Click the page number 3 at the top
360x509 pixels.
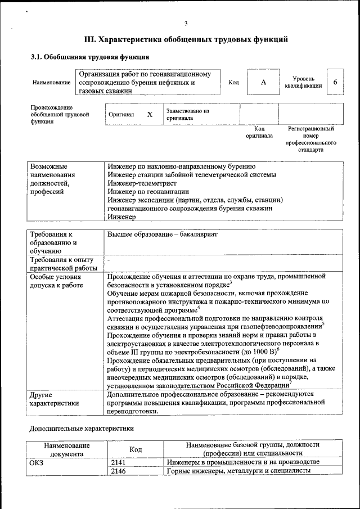186,23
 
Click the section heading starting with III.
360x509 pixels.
186,39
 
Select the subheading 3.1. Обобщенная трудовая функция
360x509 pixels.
89,57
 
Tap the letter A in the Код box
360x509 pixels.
263,82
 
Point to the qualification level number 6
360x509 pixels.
335,82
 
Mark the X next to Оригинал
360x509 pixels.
150,114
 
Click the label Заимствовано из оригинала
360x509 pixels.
187,115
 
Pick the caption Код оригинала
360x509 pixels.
259,132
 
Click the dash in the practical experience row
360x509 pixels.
109,260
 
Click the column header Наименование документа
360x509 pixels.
66,449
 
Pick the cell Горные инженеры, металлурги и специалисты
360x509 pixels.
238,471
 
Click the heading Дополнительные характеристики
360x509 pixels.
81,428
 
